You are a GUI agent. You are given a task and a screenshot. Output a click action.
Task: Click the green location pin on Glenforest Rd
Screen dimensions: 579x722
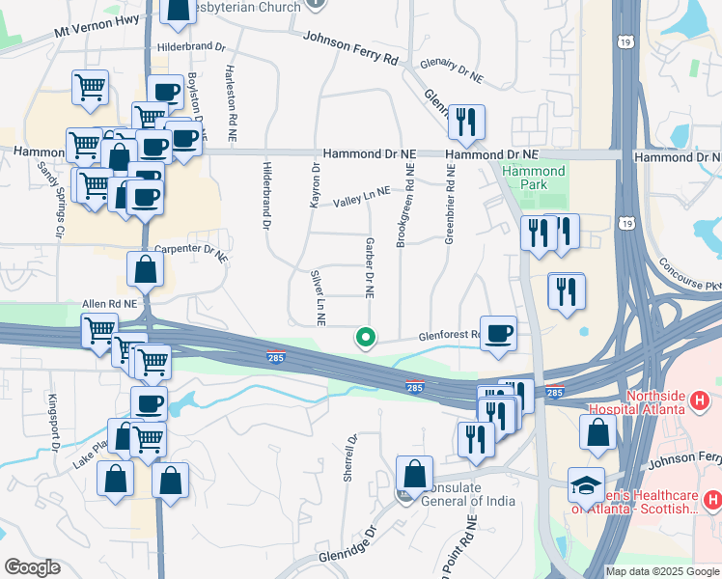point(366,338)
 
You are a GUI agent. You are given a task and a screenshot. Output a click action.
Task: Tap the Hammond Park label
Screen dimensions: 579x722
point(534,178)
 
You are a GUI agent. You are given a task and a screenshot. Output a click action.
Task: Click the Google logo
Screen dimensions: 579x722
point(31,567)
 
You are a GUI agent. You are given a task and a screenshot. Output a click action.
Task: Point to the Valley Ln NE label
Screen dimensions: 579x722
point(362,197)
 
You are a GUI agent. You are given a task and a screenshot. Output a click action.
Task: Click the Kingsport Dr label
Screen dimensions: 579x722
point(54,422)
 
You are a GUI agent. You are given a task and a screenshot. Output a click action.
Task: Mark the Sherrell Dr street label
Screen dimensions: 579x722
point(350,457)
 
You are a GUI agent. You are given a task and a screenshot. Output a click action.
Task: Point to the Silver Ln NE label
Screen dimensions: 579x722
point(319,296)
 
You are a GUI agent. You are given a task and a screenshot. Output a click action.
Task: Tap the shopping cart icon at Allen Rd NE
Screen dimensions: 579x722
point(100,330)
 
